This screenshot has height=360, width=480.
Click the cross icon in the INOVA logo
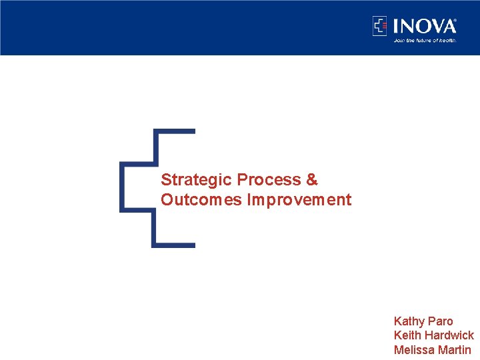click(379, 26)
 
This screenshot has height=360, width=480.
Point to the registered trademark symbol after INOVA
click(455, 21)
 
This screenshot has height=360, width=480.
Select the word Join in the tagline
click(399, 40)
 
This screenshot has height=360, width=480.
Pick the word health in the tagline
click(447, 40)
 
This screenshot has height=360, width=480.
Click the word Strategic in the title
click(197, 180)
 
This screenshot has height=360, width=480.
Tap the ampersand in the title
click(312, 180)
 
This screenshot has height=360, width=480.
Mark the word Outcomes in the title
click(201, 200)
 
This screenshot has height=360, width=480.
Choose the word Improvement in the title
click(299, 200)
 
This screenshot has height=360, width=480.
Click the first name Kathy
click(409, 321)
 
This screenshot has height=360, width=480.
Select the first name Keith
click(407, 335)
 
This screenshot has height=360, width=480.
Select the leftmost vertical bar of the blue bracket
click(122, 187)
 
